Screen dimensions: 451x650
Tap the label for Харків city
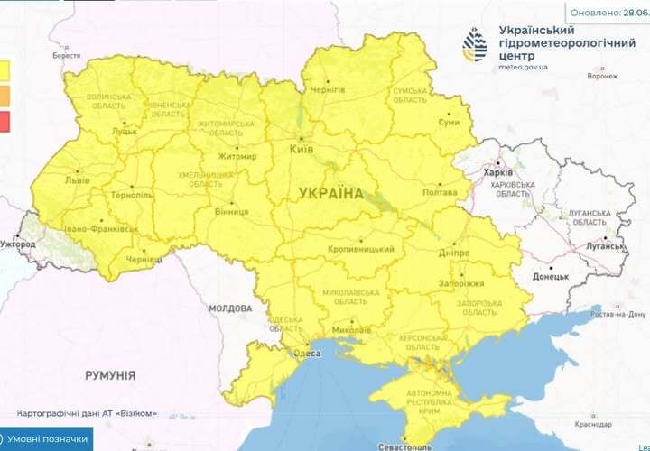498,172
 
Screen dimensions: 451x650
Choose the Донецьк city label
550,277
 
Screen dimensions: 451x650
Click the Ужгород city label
18,244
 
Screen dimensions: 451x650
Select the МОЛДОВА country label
231,308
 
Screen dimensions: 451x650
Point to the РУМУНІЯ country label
110,374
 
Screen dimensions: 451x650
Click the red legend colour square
5,123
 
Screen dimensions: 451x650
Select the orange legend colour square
5,96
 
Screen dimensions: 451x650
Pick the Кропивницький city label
361,249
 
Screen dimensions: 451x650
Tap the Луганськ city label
600,245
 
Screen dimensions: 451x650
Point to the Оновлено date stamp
608,13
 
